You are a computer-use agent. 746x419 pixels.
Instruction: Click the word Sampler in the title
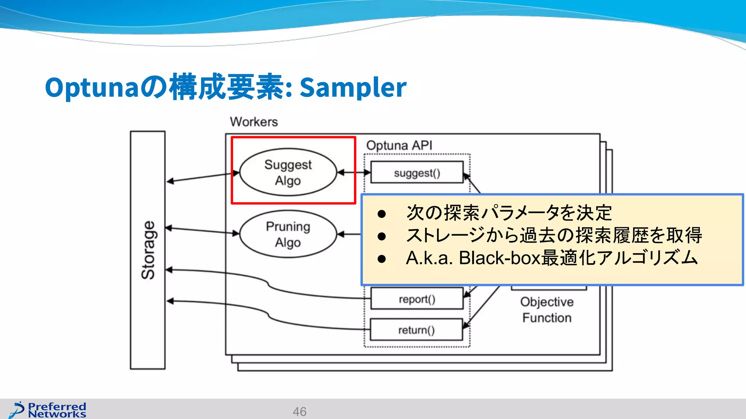click(353, 87)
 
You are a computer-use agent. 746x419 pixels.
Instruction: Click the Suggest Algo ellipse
click(288, 172)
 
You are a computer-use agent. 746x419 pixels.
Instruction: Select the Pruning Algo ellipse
click(288, 234)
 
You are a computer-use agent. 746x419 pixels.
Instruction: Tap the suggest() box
click(417, 173)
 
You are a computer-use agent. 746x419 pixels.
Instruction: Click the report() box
click(417, 299)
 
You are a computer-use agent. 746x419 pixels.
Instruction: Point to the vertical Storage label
click(148, 250)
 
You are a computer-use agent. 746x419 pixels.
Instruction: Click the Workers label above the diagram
click(254, 122)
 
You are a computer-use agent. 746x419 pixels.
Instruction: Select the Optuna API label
click(399, 145)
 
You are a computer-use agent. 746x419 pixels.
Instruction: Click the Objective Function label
click(546, 310)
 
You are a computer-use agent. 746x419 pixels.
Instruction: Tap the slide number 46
click(299, 411)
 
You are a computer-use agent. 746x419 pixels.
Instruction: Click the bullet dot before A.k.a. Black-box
click(381, 259)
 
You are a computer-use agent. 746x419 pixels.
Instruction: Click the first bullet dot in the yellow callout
click(381, 214)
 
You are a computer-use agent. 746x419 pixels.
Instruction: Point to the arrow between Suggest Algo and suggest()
click(353, 172)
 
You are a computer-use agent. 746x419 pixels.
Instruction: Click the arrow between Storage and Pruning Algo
click(203, 231)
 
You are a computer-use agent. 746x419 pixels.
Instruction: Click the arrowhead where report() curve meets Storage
click(169, 270)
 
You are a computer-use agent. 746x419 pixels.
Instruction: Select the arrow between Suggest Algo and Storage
click(203, 177)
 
